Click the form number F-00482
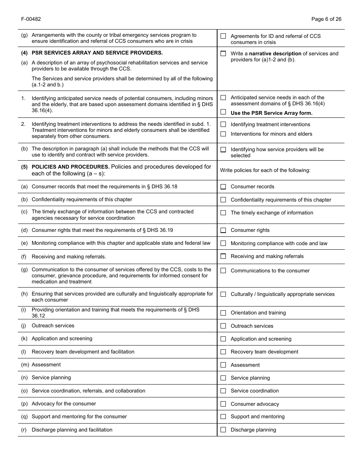point(31,19)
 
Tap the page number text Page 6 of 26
point(326,19)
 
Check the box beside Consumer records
point(223,187)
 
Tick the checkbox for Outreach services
point(223,326)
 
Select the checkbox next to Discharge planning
point(223,430)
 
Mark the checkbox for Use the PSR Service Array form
point(223,112)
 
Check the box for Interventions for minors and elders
point(223,134)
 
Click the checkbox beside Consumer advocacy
point(223,404)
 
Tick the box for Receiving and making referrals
point(223,256)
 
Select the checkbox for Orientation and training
point(223,313)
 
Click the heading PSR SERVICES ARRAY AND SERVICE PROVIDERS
point(97,53)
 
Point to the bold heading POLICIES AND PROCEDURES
point(70,167)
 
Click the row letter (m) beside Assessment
point(25,364)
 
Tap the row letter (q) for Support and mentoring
point(24,416)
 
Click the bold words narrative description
point(275,53)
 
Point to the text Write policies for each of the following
point(265,170)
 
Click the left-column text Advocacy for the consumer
point(64,403)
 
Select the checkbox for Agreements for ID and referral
point(223,36)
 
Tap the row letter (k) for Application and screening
point(24,338)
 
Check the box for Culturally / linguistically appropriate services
point(223,294)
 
